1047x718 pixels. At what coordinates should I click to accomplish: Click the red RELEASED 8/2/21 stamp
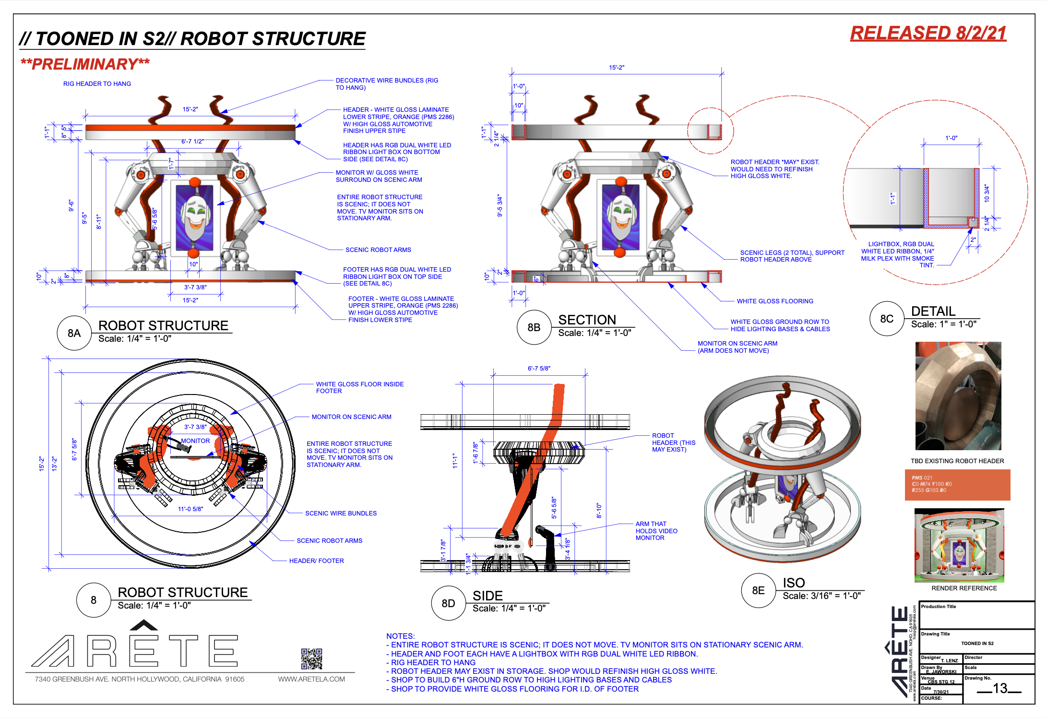928,33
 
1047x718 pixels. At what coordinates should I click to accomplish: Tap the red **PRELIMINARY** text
85,64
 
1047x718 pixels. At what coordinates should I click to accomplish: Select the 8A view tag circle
74,333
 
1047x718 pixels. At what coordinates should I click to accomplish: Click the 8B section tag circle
534,327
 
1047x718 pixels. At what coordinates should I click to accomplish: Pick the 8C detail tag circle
886,319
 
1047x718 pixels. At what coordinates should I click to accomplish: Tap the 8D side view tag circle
448,603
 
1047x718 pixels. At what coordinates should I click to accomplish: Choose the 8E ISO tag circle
758,590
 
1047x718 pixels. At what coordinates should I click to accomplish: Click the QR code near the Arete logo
311,658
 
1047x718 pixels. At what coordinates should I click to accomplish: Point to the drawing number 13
1000,689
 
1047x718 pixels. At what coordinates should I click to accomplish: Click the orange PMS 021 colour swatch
957,485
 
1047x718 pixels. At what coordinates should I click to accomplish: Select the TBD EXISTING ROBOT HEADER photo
958,395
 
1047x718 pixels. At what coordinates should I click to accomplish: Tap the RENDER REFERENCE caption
964,588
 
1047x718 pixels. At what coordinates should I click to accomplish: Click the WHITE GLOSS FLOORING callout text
775,301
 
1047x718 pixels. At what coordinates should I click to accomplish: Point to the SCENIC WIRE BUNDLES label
341,513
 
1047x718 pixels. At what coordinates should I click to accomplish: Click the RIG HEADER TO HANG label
97,84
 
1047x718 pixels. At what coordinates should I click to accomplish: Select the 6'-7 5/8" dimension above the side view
539,368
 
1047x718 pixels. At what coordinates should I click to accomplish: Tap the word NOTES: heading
401,636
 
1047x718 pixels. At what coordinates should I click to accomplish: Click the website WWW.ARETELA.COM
311,679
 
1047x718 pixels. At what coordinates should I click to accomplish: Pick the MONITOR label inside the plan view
195,441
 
